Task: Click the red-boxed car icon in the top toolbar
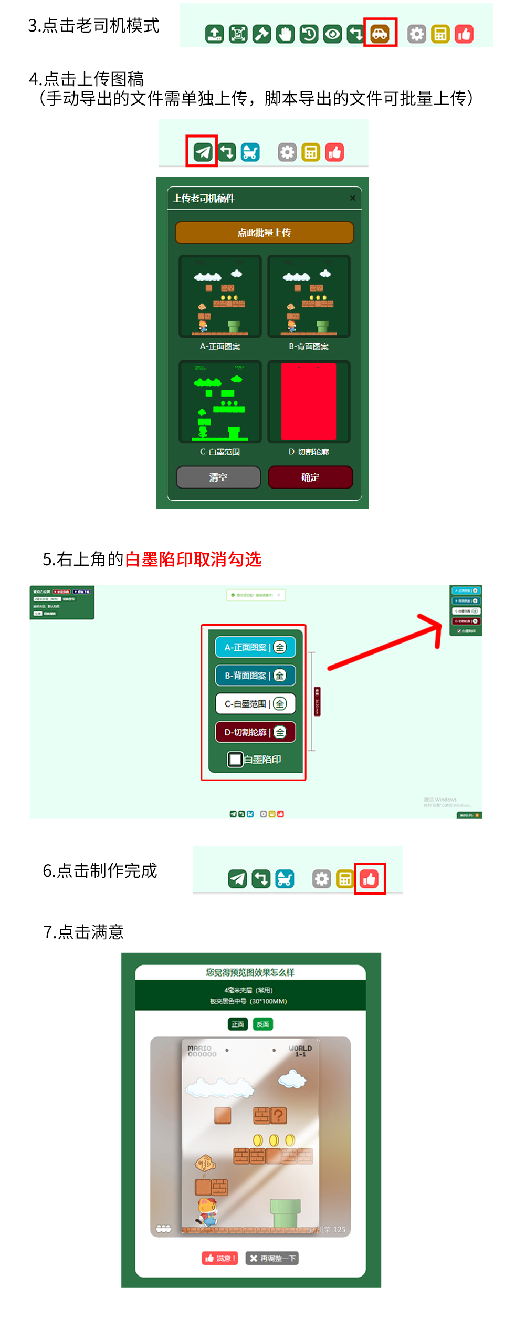[380, 34]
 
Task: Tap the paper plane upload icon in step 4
[202, 152]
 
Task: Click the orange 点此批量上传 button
[264, 233]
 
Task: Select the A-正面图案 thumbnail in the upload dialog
[220, 297]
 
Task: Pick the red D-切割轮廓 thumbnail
[309, 401]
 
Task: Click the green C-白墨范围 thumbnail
[220, 401]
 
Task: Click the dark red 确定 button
[310, 477]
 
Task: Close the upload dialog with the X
[353, 198]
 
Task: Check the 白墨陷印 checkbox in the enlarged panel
[235, 759]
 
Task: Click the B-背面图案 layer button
[255, 676]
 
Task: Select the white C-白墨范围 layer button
[255, 704]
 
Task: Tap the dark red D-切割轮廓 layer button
[255, 732]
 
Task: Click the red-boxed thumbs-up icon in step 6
[370, 878]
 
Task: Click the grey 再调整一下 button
[272, 1258]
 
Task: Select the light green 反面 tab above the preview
[263, 1024]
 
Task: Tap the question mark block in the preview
[279, 1115]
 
